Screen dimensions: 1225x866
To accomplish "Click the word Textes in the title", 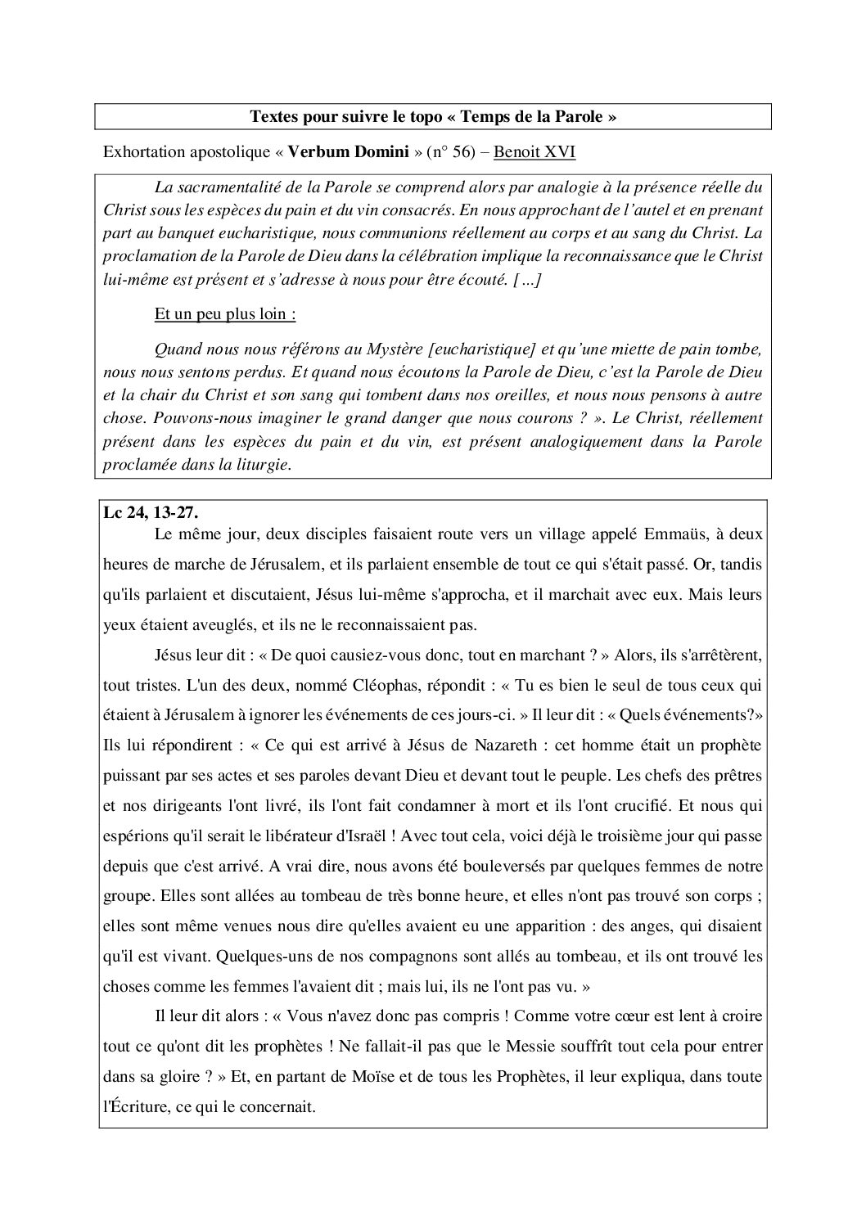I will [273, 117].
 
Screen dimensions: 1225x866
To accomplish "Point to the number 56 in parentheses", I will [453, 153].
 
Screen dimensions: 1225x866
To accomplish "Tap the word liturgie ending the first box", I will [262, 465].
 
